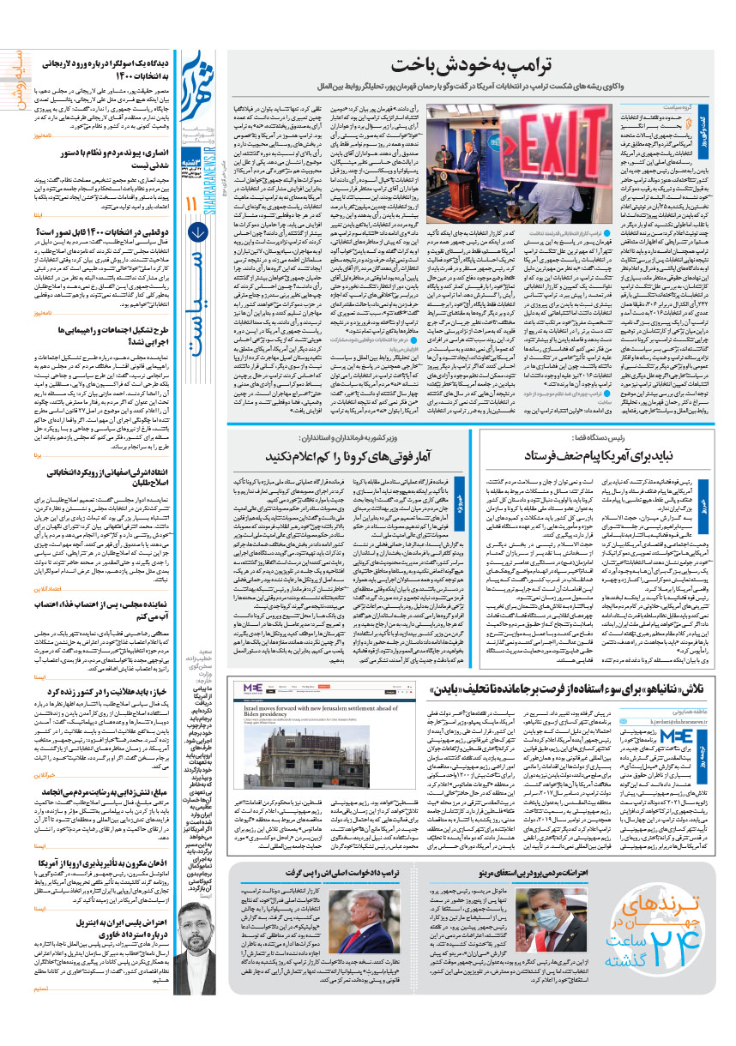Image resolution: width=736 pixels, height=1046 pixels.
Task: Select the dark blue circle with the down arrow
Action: pyautogui.click(x=197, y=231)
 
